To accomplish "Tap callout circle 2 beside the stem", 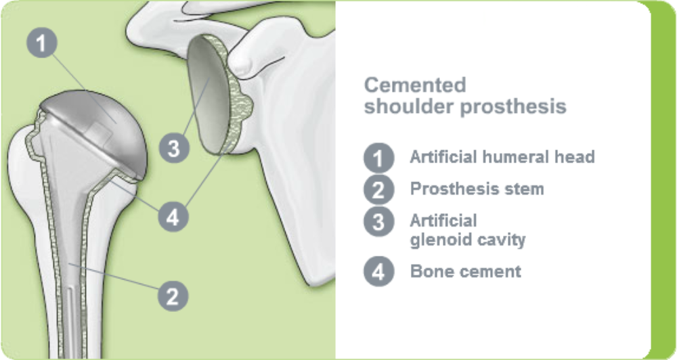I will [173, 295].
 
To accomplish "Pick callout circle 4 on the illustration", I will [173, 217].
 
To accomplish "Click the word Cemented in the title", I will [415, 85].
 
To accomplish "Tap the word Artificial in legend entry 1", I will [443, 157].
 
